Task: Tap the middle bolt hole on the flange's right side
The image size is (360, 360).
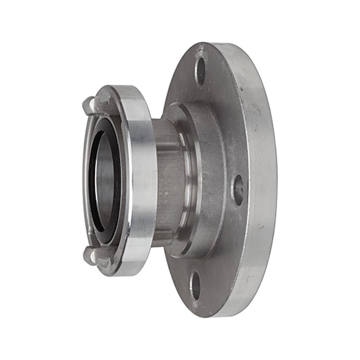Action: point(238,189)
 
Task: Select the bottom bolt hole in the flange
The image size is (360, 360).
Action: point(196,286)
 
